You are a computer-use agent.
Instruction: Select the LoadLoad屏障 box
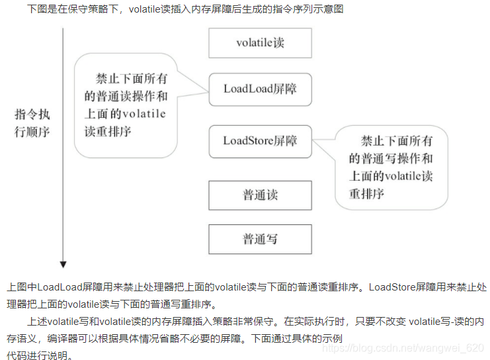[x=260, y=89]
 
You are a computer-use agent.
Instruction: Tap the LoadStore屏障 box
[x=260, y=140]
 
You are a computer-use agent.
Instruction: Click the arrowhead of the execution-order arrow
[x=63, y=264]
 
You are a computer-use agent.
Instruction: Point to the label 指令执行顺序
[x=32, y=122]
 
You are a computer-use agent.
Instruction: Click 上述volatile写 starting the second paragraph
[x=62, y=322]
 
